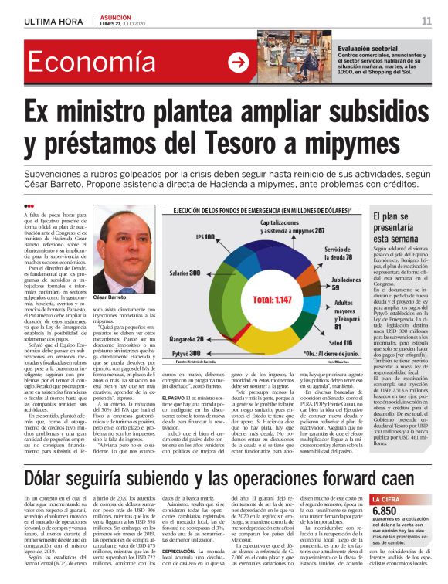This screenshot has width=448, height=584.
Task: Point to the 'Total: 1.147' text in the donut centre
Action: click(271, 298)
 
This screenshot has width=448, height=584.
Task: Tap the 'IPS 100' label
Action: click(205, 236)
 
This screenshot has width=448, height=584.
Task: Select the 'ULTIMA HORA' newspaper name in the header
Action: click(54, 21)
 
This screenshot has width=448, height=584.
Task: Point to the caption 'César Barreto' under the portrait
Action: click(110, 297)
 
